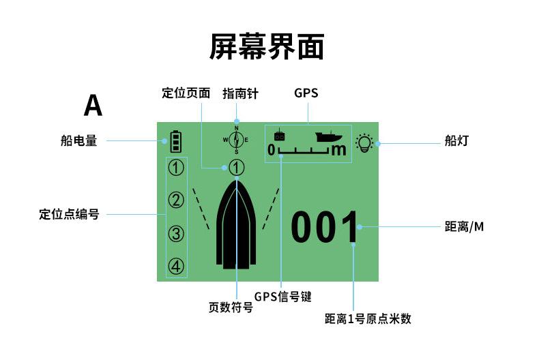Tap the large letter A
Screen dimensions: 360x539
pos(93,106)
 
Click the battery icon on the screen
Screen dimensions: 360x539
pos(177,141)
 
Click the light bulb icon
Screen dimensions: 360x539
pos(366,143)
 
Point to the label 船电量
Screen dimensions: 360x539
pos(78,142)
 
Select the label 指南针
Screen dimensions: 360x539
pos(241,93)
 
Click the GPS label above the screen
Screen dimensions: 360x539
pos(306,93)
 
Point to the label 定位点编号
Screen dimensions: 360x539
pos(69,214)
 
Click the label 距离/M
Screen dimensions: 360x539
pos(464,226)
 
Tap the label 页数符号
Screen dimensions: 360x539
pos(231,307)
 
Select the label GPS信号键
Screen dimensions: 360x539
pos(282,297)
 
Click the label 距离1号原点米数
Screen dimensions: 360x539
pos(368,318)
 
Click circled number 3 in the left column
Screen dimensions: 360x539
pos(177,234)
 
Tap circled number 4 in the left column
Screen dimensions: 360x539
pos(177,267)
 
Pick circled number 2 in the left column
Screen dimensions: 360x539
pos(177,200)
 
